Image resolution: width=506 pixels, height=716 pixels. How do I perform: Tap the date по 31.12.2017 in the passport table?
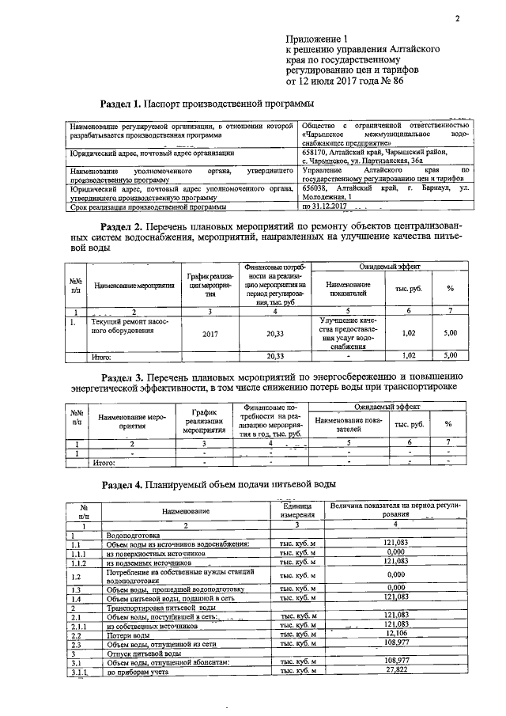point(326,206)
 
